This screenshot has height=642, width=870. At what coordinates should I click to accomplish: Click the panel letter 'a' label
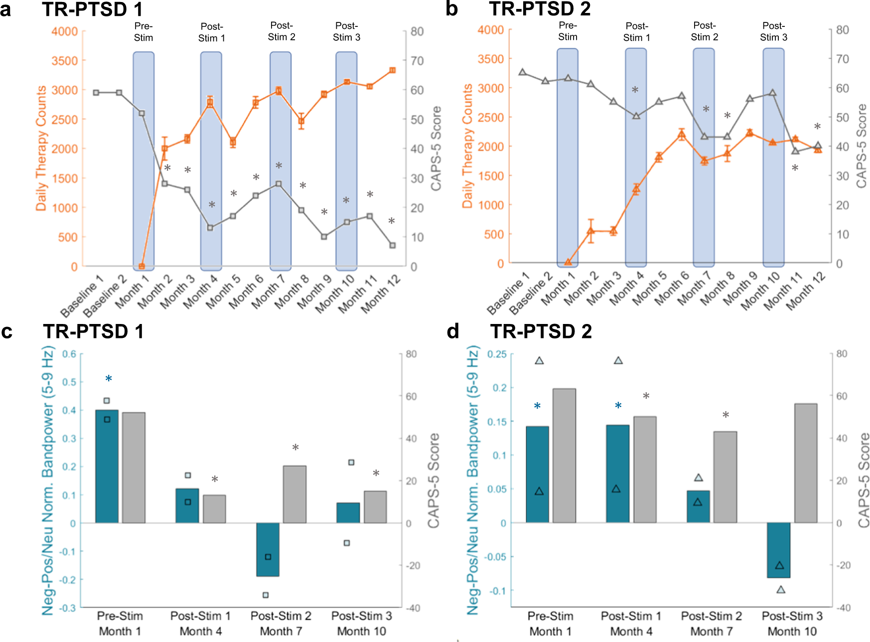pyautogui.click(x=6, y=10)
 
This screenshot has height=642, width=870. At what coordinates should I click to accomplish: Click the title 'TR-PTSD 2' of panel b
pyautogui.click(x=540, y=9)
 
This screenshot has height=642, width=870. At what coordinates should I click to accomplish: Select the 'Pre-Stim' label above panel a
pyautogui.click(x=144, y=31)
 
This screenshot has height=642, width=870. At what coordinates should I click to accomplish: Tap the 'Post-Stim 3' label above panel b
pyautogui.click(x=773, y=31)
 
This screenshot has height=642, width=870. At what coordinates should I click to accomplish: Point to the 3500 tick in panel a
pyautogui.click(x=65, y=61)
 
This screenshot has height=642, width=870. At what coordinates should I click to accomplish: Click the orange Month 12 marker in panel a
pyautogui.click(x=392, y=71)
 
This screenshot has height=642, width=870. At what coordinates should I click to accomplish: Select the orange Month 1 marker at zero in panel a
pyautogui.click(x=142, y=266)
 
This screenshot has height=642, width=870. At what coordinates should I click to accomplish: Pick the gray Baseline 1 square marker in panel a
pyautogui.click(x=96, y=93)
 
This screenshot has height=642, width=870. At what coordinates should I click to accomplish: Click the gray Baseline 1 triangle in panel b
pyautogui.click(x=522, y=72)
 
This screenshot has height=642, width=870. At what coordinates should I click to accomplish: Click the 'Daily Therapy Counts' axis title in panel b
pyautogui.click(x=467, y=146)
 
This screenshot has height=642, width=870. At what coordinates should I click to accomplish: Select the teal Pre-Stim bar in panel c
pyautogui.click(x=107, y=466)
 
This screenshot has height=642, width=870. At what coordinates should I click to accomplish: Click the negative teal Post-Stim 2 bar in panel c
pyautogui.click(x=268, y=549)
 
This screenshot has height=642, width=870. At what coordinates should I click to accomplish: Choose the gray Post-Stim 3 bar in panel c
pyautogui.click(x=375, y=507)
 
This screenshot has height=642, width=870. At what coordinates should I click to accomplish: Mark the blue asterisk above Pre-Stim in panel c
pyautogui.click(x=109, y=379)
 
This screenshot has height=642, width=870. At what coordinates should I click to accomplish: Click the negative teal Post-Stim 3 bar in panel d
pyautogui.click(x=778, y=550)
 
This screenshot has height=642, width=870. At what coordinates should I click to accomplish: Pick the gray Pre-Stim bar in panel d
pyautogui.click(x=564, y=455)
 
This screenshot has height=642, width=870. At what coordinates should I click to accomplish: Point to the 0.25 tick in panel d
pyautogui.click(x=497, y=354)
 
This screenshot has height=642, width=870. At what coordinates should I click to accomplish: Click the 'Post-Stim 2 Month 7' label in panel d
pyautogui.click(x=711, y=624)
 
